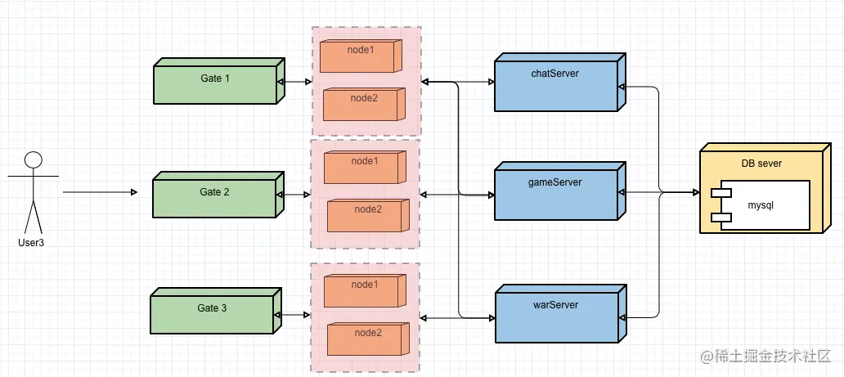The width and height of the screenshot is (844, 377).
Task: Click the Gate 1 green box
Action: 218,81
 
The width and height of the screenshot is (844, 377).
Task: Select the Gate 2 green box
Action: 218,195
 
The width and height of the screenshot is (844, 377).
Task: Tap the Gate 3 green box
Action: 216,311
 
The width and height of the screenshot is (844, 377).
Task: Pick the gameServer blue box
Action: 559,191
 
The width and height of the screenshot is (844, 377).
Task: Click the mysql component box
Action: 760,205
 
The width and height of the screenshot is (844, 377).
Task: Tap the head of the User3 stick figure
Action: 34,159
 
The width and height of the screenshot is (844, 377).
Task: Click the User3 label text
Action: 31,242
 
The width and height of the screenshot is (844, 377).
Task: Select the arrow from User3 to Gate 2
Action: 100,192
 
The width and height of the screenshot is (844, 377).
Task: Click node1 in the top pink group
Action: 361,56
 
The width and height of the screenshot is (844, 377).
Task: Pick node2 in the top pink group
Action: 364,105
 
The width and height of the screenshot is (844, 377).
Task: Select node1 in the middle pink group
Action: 365,167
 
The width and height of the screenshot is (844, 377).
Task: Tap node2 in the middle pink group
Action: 368,215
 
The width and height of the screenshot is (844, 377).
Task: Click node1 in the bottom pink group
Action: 365,289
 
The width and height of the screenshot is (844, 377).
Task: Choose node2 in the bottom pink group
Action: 368,339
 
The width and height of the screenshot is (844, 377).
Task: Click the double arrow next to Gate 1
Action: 294,83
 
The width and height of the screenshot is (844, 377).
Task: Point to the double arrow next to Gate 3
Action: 292,315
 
